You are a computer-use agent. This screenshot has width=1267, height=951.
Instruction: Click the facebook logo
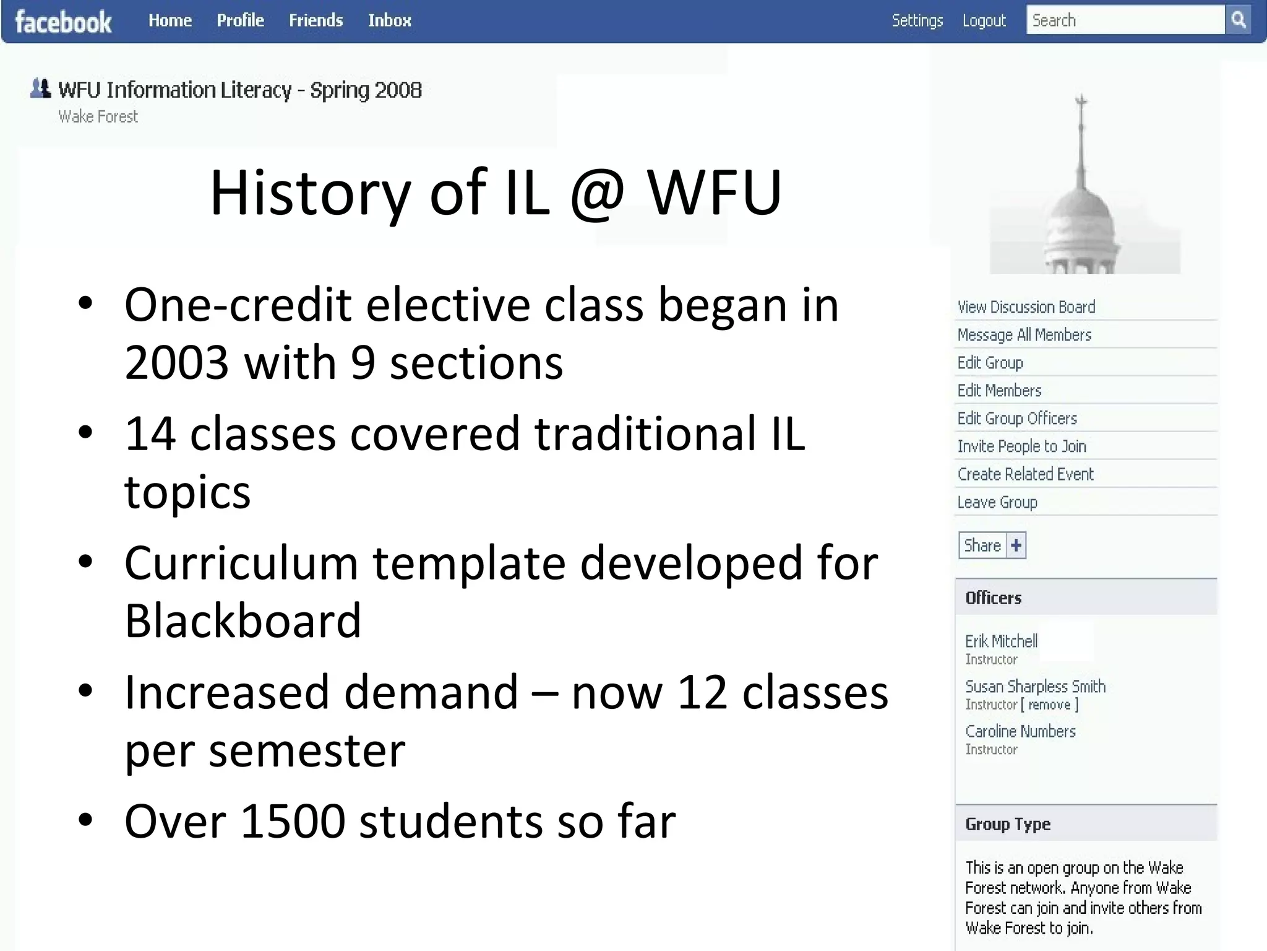coord(63,22)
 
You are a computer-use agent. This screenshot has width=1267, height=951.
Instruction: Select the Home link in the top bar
coord(170,20)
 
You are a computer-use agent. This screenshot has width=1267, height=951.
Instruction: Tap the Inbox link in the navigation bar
coord(389,20)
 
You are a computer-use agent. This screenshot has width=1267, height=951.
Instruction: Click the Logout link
coord(984,20)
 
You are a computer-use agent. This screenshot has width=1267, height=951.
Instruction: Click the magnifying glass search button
coord(1238,20)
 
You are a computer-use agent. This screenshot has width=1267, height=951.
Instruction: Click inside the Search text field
coord(1125,20)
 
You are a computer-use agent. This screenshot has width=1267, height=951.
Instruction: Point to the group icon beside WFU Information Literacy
coord(41,89)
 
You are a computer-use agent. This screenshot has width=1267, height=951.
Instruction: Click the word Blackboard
coord(243,620)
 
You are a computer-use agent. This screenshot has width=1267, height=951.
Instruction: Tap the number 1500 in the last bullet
coord(293,821)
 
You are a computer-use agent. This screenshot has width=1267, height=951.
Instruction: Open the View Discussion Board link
coord(1026,307)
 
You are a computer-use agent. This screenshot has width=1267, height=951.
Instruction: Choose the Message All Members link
coord(1024,335)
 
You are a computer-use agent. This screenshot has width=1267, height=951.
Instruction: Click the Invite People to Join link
coord(1021,446)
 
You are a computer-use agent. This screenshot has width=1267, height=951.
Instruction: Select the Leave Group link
coord(997,502)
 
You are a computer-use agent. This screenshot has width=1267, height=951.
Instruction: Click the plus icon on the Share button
coord(1016,545)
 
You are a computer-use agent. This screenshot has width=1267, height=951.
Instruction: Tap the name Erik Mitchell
coord(1001,641)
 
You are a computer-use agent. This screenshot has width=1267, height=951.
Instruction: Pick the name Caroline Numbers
coord(1020,732)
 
